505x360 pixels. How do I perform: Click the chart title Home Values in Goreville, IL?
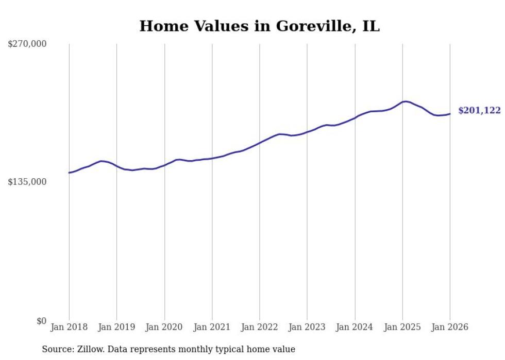259,26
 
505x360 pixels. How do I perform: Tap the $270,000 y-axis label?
27,44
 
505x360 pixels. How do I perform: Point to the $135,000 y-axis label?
27,182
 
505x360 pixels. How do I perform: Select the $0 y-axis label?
41,321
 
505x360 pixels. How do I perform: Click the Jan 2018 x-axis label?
69,327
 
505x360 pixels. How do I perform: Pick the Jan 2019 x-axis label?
116,327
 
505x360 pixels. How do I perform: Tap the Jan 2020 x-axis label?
164,327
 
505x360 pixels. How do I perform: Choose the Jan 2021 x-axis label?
212,327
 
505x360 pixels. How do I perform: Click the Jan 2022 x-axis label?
260,327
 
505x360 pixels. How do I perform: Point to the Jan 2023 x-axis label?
307,327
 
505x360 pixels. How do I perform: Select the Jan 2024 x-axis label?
355,327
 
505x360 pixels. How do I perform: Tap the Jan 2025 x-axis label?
402,327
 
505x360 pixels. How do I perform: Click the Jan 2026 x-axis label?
450,327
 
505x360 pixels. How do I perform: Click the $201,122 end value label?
479,111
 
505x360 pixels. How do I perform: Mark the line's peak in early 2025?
406,101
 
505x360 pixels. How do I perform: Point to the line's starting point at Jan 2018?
69,173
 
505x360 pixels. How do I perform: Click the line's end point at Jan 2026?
450,114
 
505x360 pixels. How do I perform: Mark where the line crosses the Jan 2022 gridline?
260,142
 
